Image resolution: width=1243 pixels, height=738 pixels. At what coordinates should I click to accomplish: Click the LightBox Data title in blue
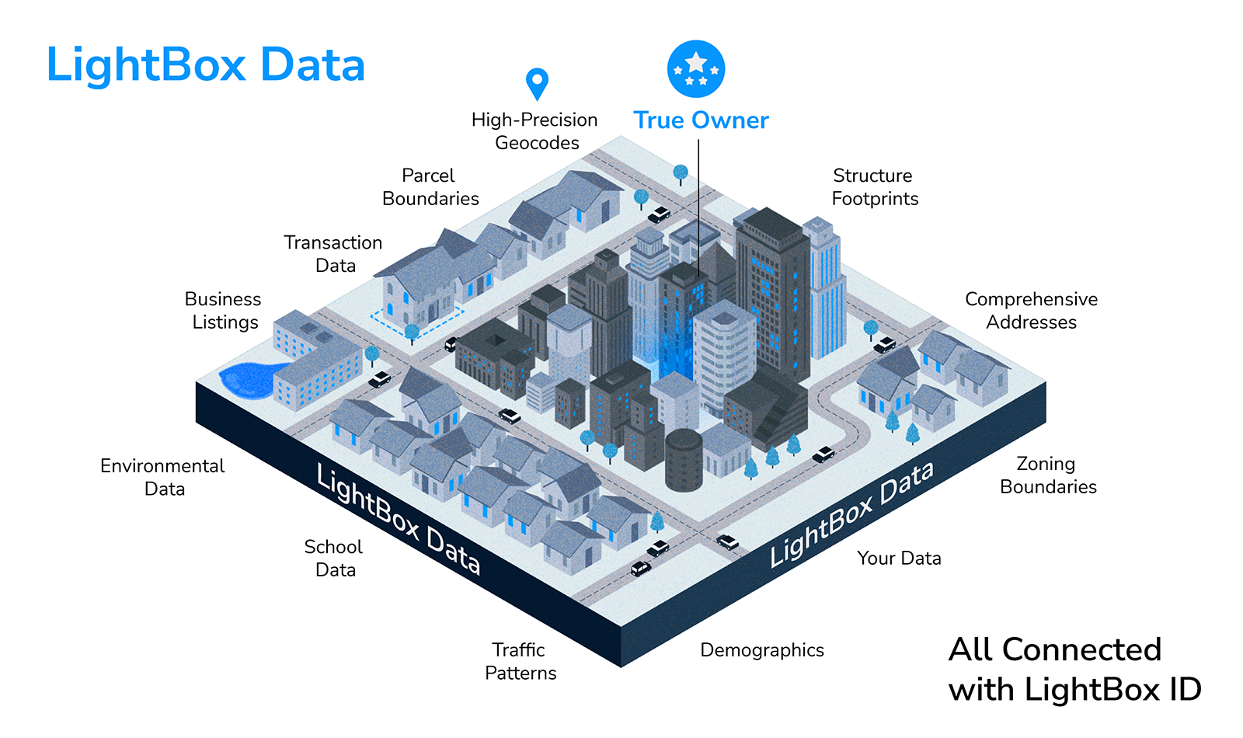(206, 64)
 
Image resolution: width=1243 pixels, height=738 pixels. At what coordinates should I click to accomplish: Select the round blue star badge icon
(696, 69)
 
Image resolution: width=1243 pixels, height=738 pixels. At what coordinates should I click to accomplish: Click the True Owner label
(701, 120)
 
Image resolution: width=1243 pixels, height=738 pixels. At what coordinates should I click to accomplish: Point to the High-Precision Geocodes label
(535, 131)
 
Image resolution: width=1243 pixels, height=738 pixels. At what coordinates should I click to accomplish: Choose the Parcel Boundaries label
(430, 187)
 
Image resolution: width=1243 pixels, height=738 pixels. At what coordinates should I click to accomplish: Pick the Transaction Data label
(333, 254)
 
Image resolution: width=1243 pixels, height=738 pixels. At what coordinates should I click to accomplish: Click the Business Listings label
(224, 311)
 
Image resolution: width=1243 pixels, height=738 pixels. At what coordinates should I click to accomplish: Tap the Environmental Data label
(162, 477)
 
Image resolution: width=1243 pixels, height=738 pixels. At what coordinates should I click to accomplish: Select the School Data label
(334, 558)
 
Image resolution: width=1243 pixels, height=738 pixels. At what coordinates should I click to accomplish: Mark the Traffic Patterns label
(520, 661)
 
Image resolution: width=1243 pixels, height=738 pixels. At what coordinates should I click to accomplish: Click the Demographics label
(762, 650)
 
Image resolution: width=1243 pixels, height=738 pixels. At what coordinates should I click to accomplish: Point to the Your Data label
(899, 559)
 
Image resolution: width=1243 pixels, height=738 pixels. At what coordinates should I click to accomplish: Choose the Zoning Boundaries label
(1048, 475)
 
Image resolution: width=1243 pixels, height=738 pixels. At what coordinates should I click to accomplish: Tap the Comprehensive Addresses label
(1031, 311)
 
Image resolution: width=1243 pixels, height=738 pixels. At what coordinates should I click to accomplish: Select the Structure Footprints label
(875, 187)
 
